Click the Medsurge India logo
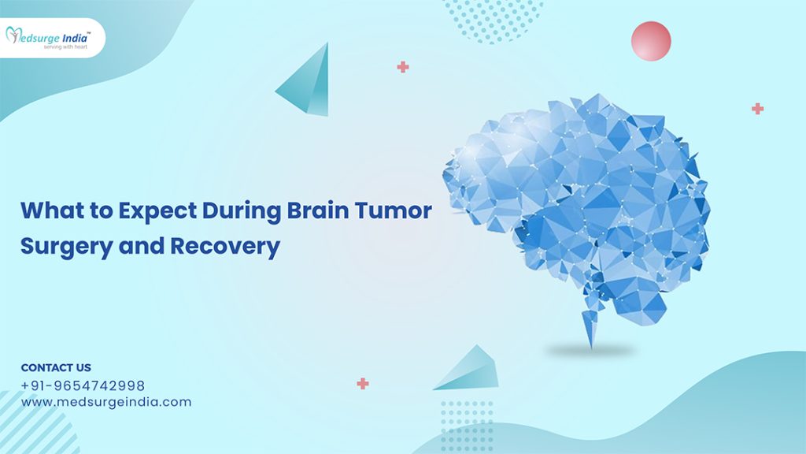(48, 38)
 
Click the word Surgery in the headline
(66, 247)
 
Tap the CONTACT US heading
(56, 367)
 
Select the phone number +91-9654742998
(83, 385)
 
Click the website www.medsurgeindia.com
(106, 402)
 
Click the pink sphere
(651, 41)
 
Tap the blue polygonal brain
(576, 211)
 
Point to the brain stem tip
(590, 348)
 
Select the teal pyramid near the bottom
(469, 370)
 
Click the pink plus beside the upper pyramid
(403, 67)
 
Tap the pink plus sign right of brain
(757, 109)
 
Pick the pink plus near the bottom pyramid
(363, 384)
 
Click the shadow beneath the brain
(590, 352)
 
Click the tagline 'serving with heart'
(65, 47)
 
